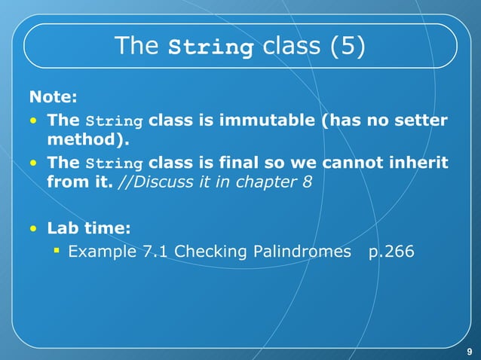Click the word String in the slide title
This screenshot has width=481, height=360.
[210, 47]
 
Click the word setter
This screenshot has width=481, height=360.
[419, 121]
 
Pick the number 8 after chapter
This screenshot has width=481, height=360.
[306, 182]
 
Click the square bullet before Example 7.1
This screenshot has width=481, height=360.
[57, 249]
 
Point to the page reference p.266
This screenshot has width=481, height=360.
[391, 251]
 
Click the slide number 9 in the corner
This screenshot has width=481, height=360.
[469, 350]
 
